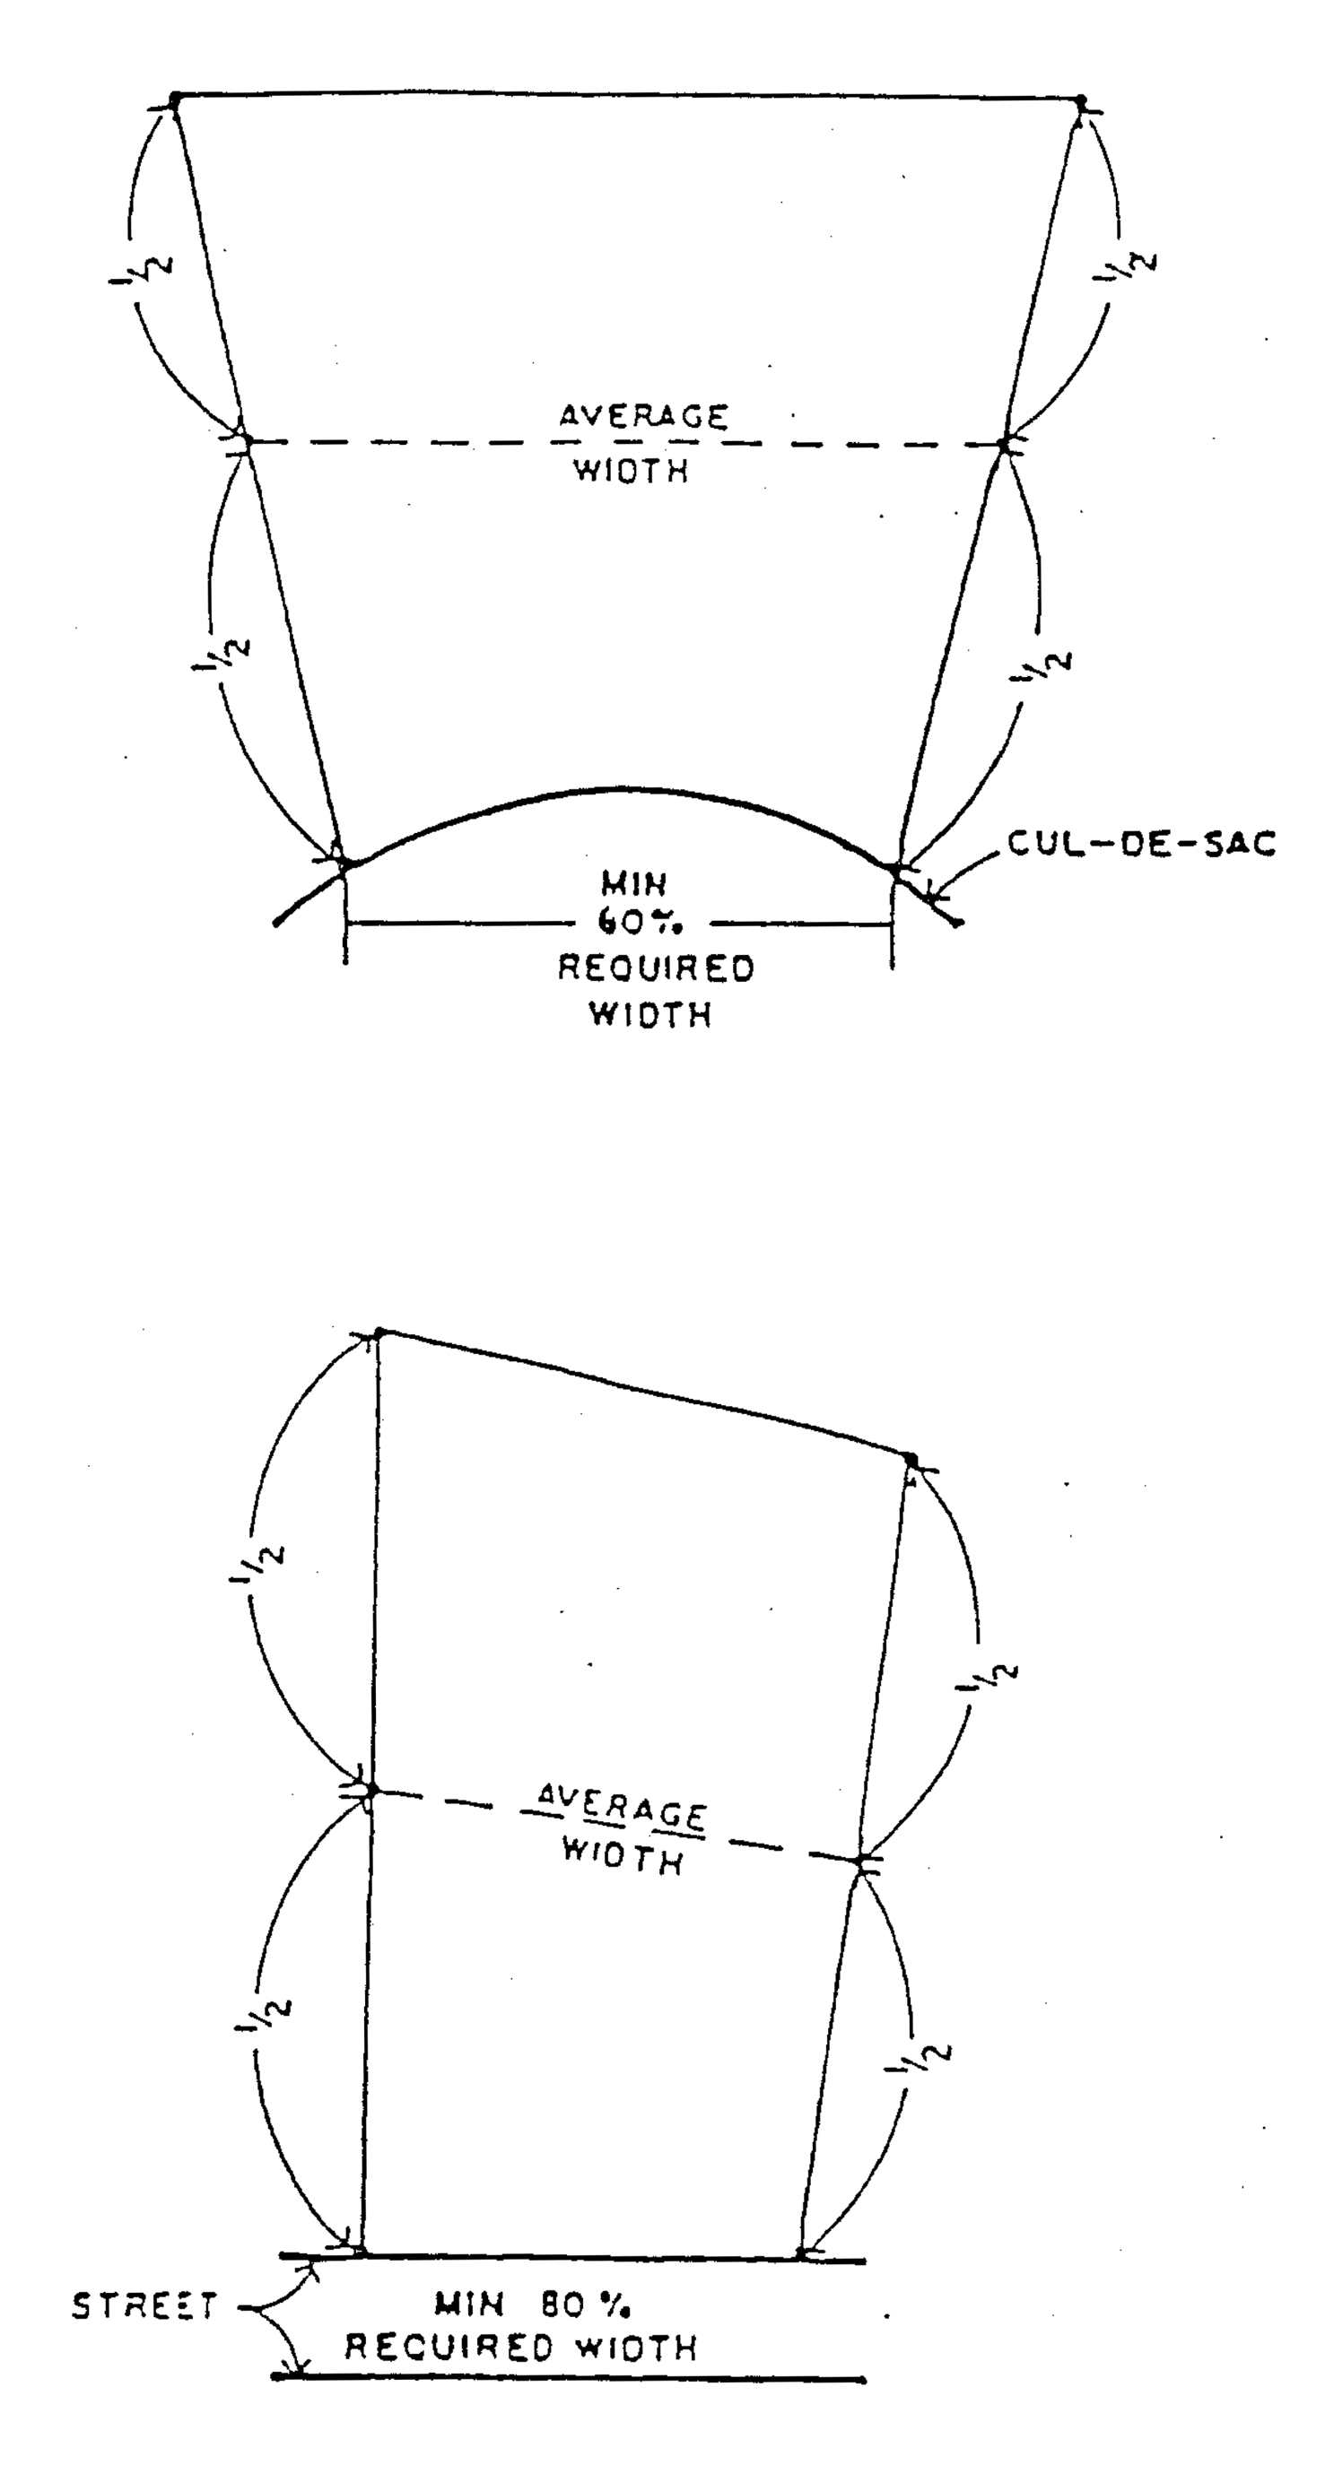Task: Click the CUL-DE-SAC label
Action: (x=1141, y=844)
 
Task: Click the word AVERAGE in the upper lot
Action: (x=643, y=416)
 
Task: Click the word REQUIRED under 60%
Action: (x=656, y=968)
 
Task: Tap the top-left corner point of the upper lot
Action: (x=175, y=97)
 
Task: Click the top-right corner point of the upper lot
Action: (x=1081, y=100)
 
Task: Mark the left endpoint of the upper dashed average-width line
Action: (x=246, y=441)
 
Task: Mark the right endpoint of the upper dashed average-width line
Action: (x=1003, y=444)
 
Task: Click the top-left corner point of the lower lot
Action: (x=379, y=1332)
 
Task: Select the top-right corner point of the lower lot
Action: (x=911, y=1460)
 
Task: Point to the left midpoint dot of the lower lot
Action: (x=372, y=1789)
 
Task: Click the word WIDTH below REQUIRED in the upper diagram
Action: (x=650, y=1014)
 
